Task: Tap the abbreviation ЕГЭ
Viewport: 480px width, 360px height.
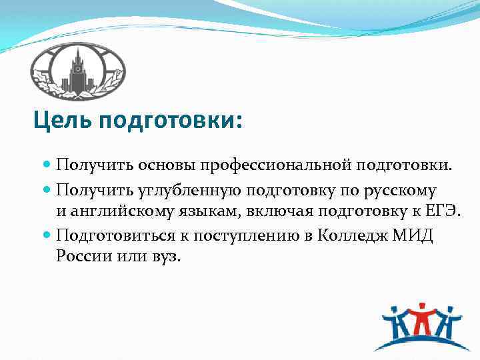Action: pyautogui.click(x=443, y=212)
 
